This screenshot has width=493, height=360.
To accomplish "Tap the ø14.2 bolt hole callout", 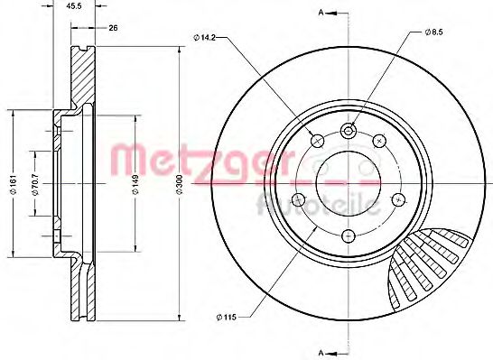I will (205, 37).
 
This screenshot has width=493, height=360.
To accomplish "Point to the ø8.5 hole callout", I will (435, 32).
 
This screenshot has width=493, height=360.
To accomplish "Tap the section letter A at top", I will (320, 12).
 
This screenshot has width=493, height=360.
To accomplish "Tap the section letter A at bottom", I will (320, 350).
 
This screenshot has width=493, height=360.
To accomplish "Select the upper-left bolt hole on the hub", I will (316, 140).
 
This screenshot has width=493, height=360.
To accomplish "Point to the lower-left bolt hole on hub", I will (300, 200).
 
